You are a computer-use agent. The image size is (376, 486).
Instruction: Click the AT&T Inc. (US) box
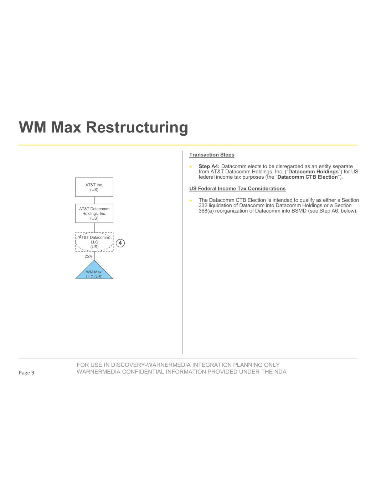[94, 187]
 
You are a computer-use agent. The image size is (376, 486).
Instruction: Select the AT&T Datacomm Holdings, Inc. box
[94, 213]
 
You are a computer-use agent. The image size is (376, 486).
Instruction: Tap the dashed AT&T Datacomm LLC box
[94, 242]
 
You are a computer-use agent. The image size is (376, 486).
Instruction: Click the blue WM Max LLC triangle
[94, 272]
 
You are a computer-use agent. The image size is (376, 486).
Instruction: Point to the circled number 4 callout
[120, 243]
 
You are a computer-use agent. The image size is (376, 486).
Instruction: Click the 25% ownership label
[88, 256]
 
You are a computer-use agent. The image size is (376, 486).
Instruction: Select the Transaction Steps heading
[212, 155]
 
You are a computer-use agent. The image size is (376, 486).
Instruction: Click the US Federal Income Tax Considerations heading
[237, 189]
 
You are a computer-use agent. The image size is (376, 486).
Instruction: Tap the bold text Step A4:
[209, 166]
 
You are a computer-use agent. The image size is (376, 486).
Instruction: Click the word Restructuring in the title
[137, 127]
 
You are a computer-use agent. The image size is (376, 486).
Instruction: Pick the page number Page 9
[26, 372]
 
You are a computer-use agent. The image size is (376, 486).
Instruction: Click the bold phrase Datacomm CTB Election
[307, 177]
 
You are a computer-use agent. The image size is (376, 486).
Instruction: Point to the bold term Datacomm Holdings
[313, 172]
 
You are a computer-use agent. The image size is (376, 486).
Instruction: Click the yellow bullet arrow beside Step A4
[191, 167]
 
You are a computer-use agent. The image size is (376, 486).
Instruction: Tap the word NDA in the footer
[280, 372]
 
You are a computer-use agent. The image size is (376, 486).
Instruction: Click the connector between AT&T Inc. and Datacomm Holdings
[94, 200]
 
